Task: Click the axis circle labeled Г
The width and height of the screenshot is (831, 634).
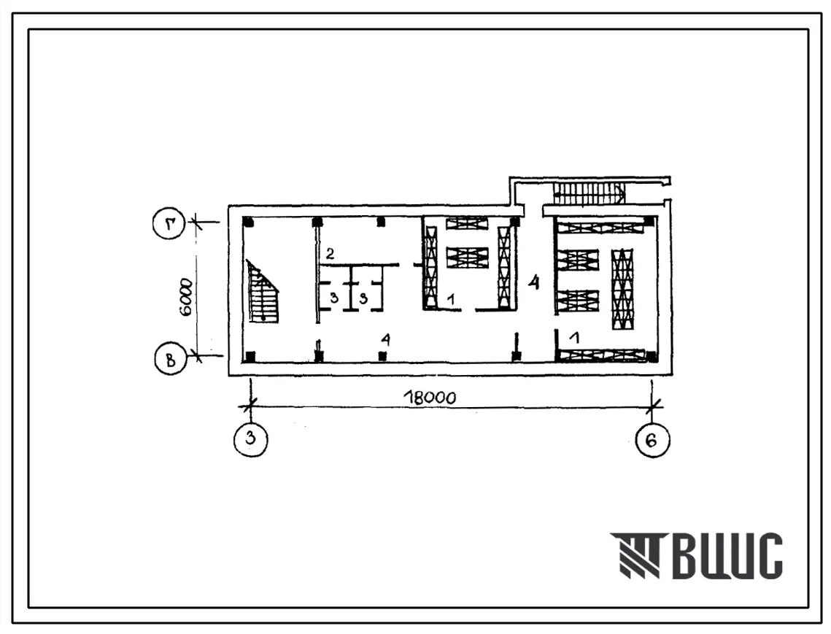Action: (x=169, y=224)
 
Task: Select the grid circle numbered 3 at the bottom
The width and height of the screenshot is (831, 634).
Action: (x=251, y=439)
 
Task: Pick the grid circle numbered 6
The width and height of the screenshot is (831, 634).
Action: (x=652, y=440)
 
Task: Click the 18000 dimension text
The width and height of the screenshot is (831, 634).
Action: (x=429, y=398)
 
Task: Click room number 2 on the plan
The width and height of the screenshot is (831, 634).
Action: (x=330, y=253)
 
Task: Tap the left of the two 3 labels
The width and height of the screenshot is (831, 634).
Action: (x=333, y=298)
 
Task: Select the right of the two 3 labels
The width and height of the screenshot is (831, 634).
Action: (x=363, y=298)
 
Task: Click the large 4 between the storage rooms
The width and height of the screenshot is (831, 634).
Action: (x=533, y=282)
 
